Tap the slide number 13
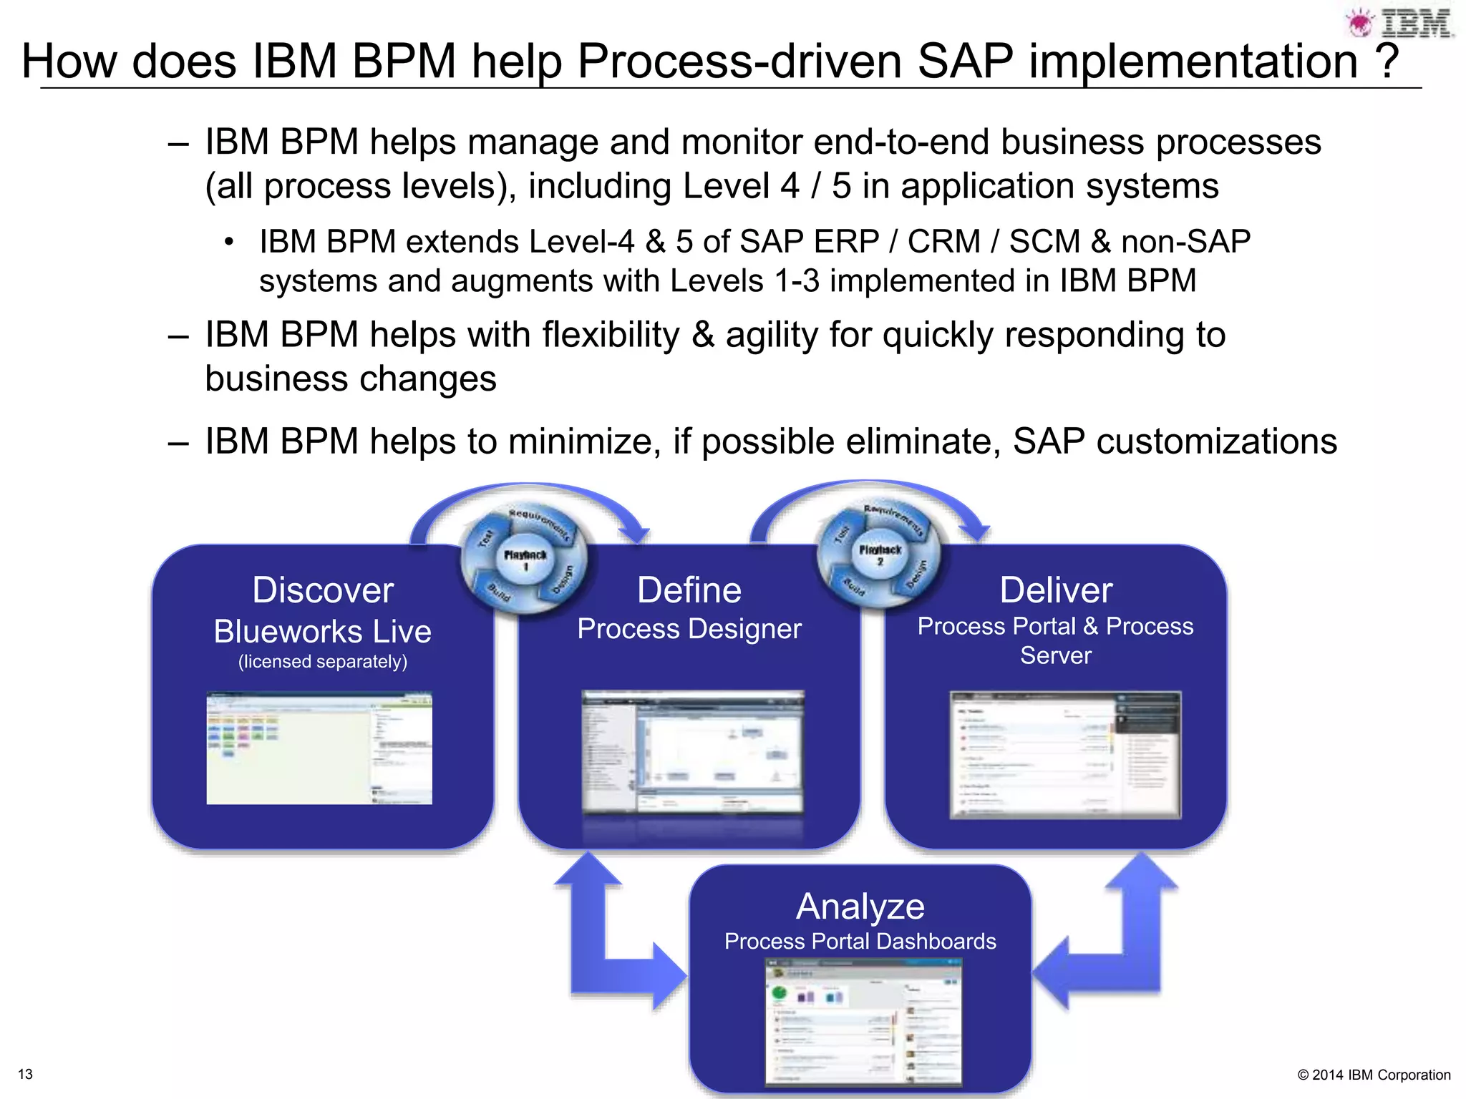[x=25, y=1074]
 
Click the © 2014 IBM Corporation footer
[x=1374, y=1075]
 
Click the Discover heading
[x=323, y=590]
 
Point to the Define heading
[x=689, y=590]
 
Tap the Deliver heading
[x=1056, y=590]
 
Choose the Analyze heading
[x=860, y=907]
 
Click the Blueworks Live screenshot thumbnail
[x=319, y=748]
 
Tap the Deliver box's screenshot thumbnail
[x=1065, y=755]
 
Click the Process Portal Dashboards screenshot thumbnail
[x=864, y=1023]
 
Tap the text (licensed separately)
[x=323, y=662]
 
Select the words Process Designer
[x=689, y=629]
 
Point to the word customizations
[x=1216, y=441]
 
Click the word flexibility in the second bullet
[x=611, y=335]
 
